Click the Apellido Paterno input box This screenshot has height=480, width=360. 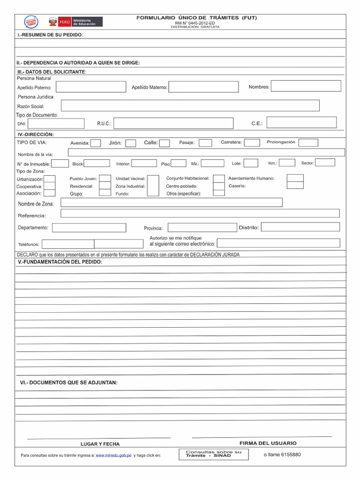tap(90, 87)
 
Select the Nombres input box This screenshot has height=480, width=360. tap(306, 86)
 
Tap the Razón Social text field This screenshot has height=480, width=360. tap(190, 105)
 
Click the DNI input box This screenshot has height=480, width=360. tap(55, 123)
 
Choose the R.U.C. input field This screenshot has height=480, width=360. tap(173, 123)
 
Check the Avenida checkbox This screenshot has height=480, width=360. tap(95, 143)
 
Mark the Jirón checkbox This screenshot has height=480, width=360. tap(131, 143)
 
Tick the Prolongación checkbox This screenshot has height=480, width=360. tap(308, 142)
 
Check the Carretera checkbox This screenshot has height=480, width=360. tap(252, 142)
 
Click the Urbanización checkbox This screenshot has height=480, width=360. tap(50, 179)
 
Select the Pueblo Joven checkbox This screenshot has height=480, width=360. tap(105, 179)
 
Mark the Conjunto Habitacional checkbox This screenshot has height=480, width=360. tap(218, 178)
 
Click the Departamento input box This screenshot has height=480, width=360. tap(89, 228)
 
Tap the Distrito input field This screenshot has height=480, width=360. tap(300, 227)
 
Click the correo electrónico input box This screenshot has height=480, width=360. tap(278, 243)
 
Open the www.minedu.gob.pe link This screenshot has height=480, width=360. tap(113, 455)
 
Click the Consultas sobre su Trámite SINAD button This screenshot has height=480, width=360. tap(213, 454)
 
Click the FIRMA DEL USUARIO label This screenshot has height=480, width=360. tap(268, 443)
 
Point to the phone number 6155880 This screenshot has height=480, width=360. tap(282, 454)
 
